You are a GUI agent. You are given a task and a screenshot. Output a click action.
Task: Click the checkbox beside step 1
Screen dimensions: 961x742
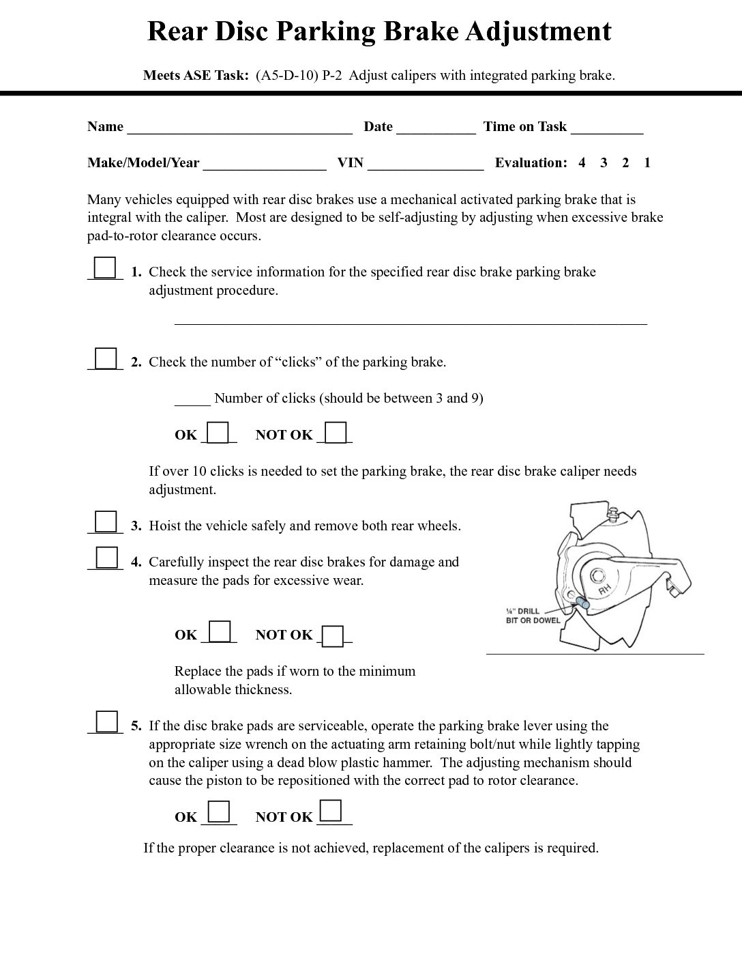point(105,268)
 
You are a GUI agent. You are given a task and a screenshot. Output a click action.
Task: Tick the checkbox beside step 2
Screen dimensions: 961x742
point(105,358)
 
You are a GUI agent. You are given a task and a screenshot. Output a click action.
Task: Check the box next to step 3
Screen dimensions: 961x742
point(105,521)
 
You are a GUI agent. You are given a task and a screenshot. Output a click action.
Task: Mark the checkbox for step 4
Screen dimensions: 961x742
point(106,558)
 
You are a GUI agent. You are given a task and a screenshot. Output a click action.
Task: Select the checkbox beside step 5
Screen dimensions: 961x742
point(106,721)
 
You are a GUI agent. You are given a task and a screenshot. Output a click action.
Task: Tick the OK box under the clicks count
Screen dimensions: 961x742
point(218,433)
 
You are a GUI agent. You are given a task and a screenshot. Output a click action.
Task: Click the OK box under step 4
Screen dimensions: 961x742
point(219,631)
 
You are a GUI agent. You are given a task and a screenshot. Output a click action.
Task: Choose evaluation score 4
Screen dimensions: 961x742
point(582,162)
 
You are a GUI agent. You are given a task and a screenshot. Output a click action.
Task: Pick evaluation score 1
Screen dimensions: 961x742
point(647,162)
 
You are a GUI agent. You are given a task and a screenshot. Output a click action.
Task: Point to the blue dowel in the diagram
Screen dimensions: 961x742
point(583,603)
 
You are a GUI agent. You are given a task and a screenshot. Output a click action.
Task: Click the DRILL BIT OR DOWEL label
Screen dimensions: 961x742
point(533,616)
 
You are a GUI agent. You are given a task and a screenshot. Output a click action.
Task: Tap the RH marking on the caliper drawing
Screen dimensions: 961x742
point(604,589)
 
